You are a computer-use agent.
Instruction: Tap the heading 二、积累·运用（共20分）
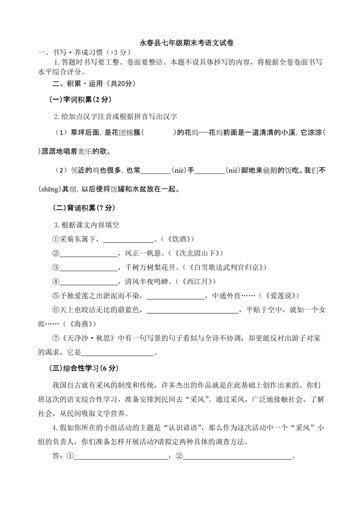pyautogui.click(x=94, y=84)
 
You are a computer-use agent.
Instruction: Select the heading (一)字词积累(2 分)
pyautogui.click(x=80, y=99)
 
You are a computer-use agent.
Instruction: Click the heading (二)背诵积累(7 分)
pyautogui.click(x=84, y=208)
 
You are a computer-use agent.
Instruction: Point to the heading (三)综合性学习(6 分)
pyautogui.click(x=83, y=368)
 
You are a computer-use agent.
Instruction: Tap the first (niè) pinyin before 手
pyautogui.click(x=179, y=170)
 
